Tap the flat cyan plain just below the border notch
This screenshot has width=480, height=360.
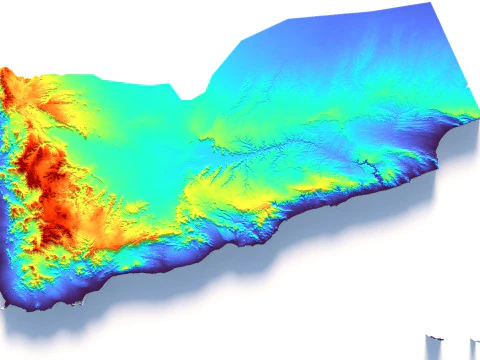pos(185,120)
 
